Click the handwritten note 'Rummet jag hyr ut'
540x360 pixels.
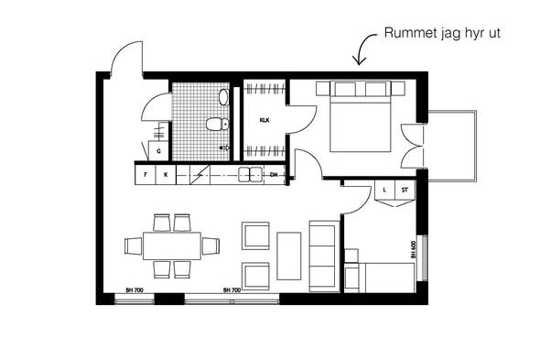click(x=442, y=34)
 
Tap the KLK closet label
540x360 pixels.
click(x=265, y=120)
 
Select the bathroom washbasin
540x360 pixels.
click(x=223, y=97)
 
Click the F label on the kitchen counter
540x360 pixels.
click(x=146, y=175)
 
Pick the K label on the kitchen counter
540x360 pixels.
click(x=166, y=175)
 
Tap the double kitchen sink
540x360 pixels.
click(x=251, y=174)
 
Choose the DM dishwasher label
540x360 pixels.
click(x=274, y=175)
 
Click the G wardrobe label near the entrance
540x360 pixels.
click(x=158, y=151)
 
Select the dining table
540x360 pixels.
click(x=172, y=245)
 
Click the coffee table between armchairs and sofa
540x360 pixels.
click(x=289, y=256)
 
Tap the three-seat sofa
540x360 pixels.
click(x=324, y=256)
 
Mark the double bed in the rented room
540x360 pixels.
click(x=361, y=116)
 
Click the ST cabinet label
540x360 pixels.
click(x=405, y=190)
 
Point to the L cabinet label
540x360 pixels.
click(x=384, y=190)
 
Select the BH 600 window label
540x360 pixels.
click(x=414, y=249)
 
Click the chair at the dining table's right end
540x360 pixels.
click(x=211, y=245)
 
